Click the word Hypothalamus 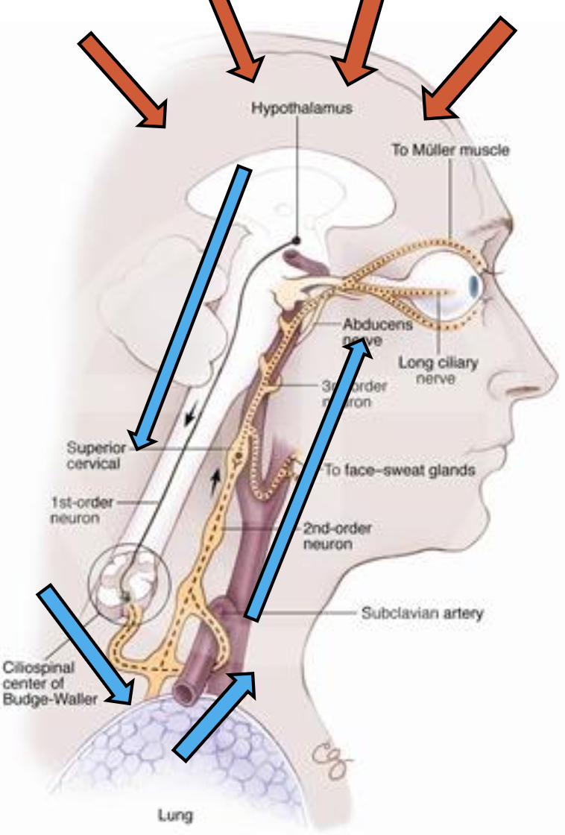pos(301,109)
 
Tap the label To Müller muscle pos(450,150)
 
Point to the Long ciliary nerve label pos(438,371)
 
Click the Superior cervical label pos(93,456)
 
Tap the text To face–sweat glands pos(400,470)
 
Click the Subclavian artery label pos(422,614)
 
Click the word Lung pos(175,815)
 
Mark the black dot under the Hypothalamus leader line pos(296,240)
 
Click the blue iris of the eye pos(475,286)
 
